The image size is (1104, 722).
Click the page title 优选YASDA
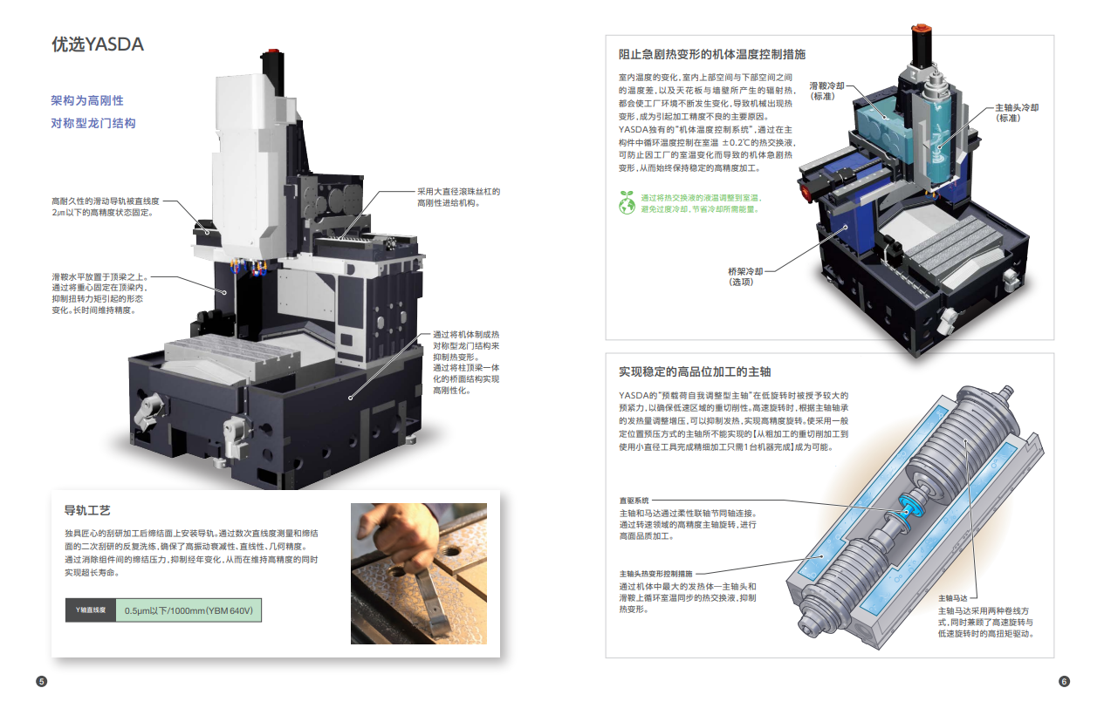coord(98,44)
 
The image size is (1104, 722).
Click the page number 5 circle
coord(41,681)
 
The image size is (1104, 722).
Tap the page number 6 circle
coord(1064,681)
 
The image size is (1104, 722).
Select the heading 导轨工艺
coord(87,510)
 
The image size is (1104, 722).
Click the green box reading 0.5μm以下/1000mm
coord(189,610)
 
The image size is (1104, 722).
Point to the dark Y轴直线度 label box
coord(91,610)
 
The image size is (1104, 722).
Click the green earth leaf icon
coord(627,202)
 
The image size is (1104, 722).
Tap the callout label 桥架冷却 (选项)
coord(745,276)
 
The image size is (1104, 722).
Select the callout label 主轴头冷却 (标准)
coord(1016,112)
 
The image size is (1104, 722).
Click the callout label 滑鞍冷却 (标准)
coord(826,91)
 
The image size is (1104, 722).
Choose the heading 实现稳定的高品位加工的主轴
coord(695,371)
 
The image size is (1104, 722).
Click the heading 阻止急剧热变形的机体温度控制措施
coord(711,54)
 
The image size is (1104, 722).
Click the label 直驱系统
coord(634,501)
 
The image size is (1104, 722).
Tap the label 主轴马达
coord(953,598)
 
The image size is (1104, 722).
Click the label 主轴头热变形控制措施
coord(655,573)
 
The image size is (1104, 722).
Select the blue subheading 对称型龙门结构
coord(93,123)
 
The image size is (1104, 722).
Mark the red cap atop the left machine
coord(272,51)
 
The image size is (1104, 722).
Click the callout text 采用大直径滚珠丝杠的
coord(458,192)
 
